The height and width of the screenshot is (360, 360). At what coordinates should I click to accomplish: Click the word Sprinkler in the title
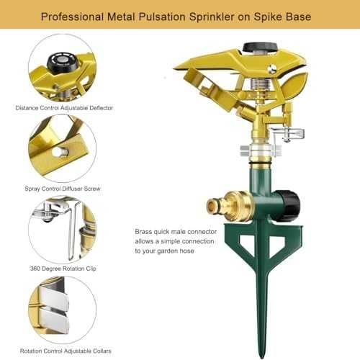pos(212,17)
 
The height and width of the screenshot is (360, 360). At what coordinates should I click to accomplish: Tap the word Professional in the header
pos(72,17)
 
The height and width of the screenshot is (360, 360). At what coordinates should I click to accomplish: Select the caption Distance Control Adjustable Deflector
pos(64,108)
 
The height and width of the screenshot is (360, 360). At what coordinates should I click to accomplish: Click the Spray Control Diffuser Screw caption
pos(63,189)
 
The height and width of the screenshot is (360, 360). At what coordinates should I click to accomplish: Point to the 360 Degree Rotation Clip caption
pos(63,269)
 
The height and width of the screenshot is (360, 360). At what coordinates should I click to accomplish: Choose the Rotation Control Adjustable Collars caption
pos(66,351)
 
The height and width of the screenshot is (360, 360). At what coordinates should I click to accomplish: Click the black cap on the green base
pos(288,206)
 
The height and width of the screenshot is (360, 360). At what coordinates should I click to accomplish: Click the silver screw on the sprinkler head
pos(272,69)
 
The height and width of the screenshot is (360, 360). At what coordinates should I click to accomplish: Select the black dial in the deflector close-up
pos(59,62)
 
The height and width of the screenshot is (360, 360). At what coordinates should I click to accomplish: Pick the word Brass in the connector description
pos(143,232)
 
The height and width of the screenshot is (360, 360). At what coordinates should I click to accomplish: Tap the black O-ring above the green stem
pos(261,163)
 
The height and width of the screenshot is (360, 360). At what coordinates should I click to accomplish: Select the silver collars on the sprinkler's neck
pos(260,150)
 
